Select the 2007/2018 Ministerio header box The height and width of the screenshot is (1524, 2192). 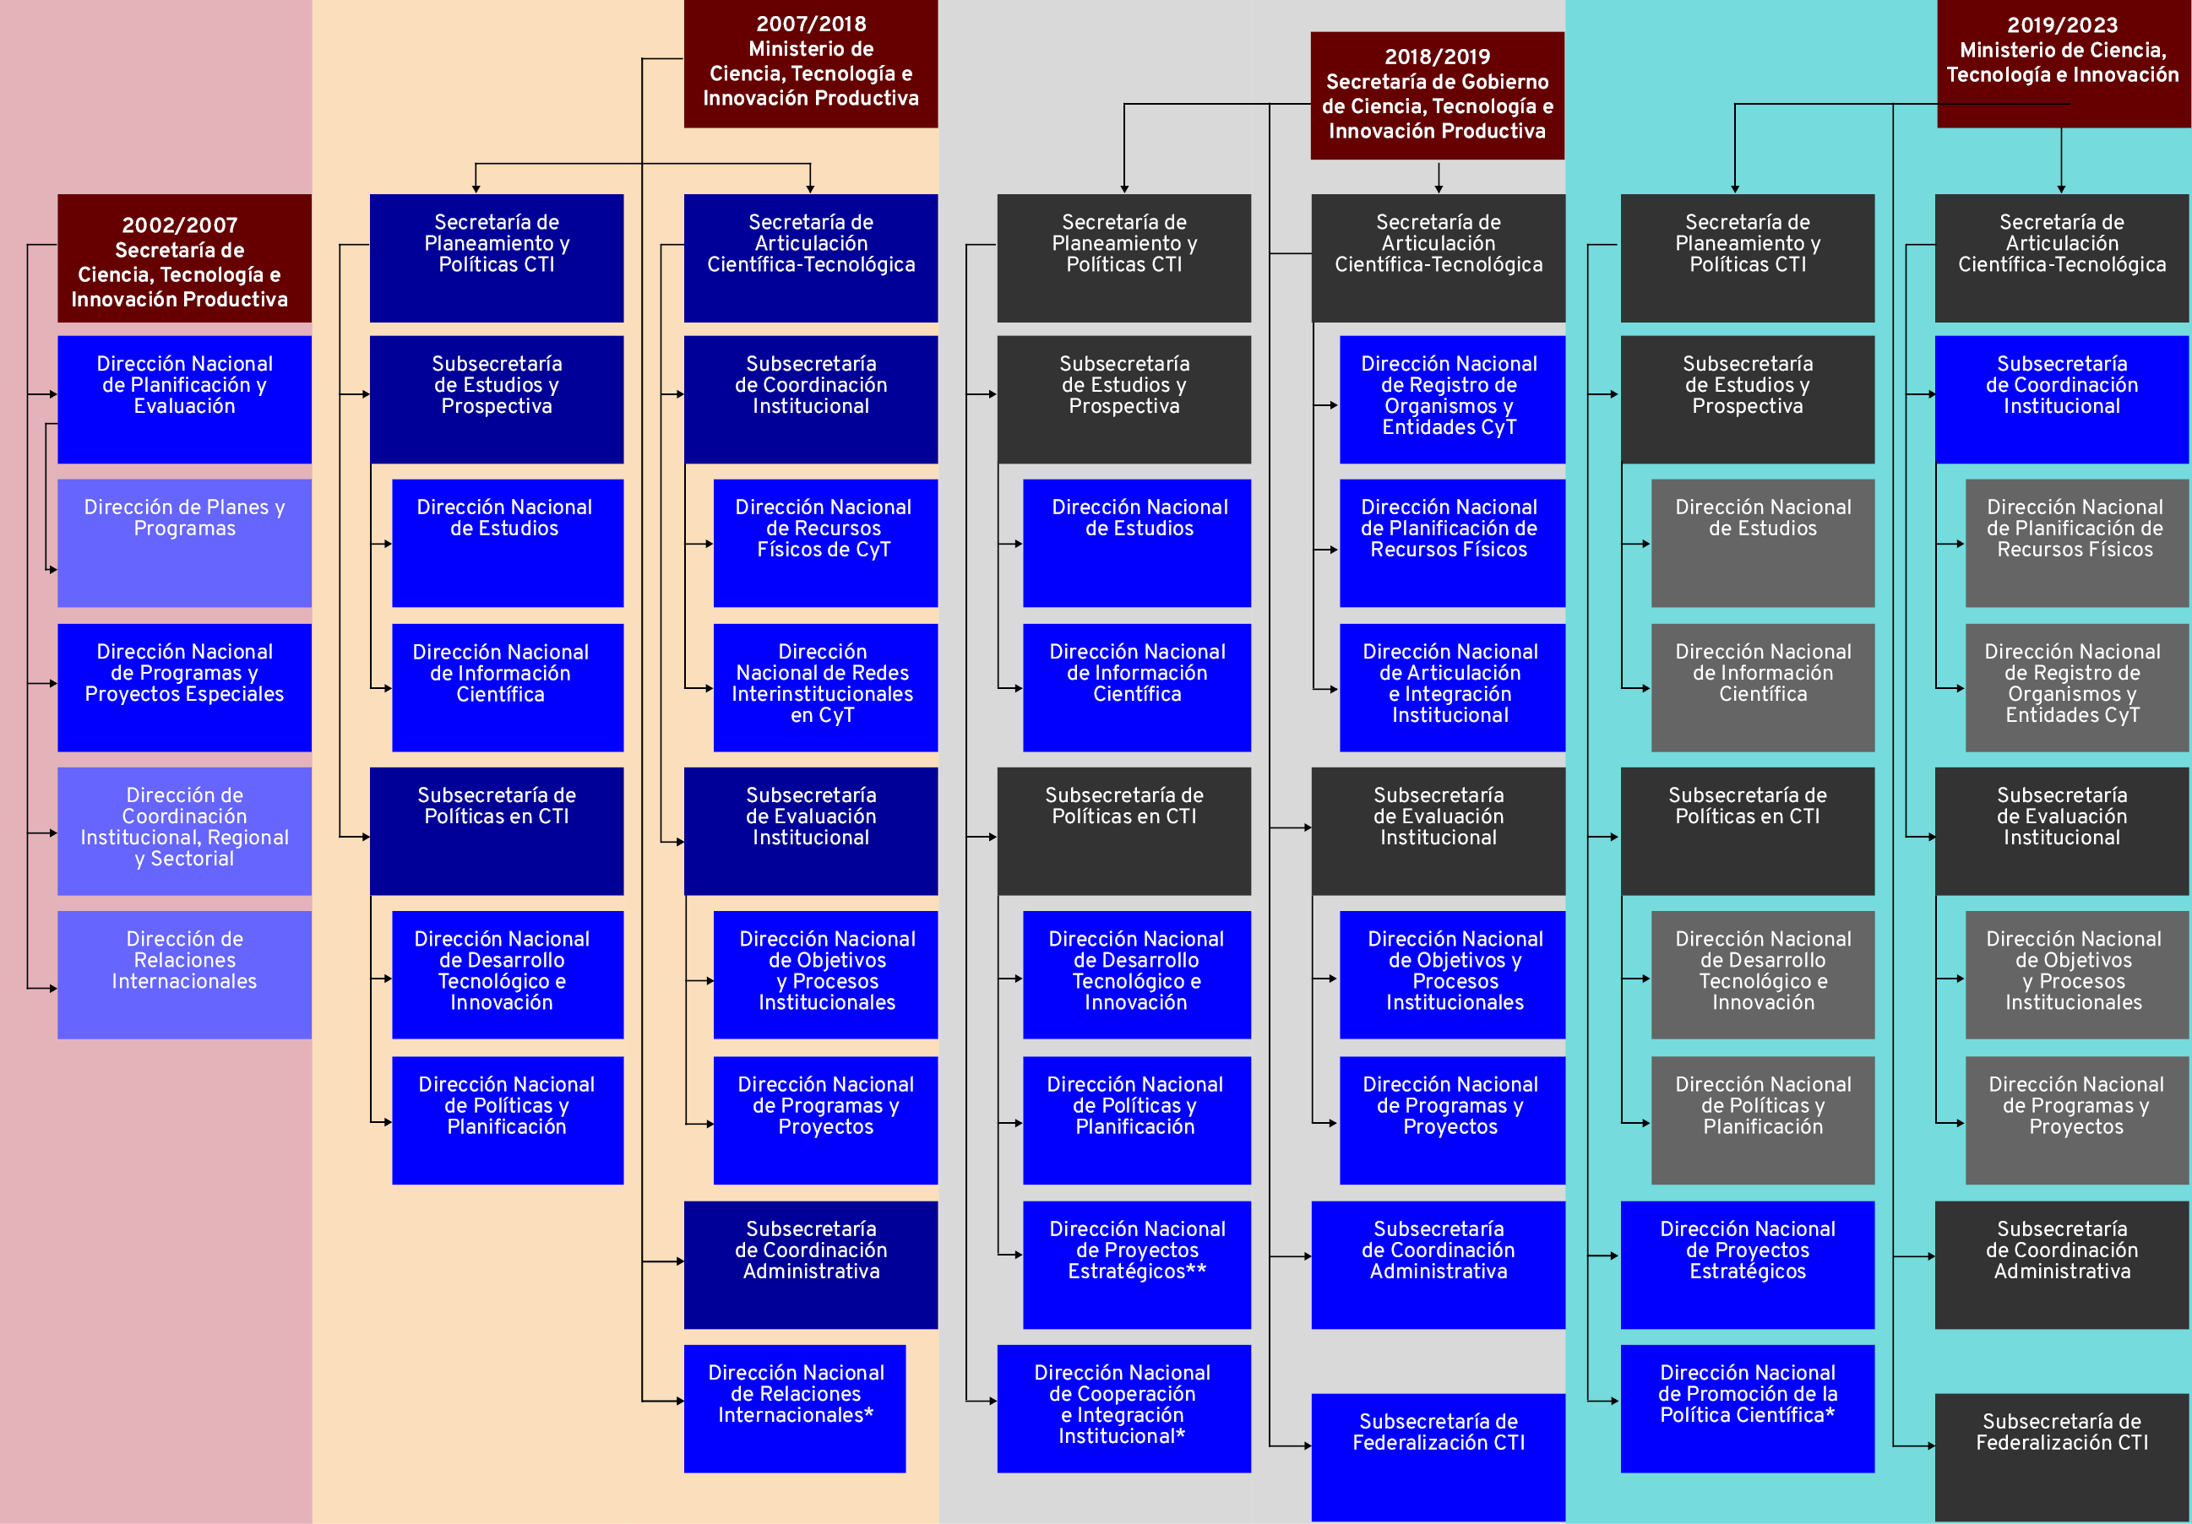click(811, 64)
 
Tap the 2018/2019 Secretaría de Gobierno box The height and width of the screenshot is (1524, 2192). click(1437, 95)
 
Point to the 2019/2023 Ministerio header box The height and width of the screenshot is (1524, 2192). click(2062, 64)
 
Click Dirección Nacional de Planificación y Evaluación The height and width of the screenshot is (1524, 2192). click(184, 399)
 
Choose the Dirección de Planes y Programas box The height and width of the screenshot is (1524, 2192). click(184, 542)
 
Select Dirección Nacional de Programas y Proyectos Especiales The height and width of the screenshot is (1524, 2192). click(184, 687)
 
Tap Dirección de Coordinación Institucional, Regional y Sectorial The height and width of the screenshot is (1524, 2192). click(184, 830)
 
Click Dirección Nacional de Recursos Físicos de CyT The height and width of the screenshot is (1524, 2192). click(825, 542)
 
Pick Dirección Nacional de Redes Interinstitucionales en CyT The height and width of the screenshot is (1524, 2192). click(825, 687)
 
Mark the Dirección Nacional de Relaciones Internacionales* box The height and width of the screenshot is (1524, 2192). click(794, 1407)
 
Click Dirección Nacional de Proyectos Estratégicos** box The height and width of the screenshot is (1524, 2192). click(1136, 1265)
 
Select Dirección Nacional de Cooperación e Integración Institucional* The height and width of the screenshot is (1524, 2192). click(1123, 1407)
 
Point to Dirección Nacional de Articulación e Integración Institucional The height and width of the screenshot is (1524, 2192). click(1451, 687)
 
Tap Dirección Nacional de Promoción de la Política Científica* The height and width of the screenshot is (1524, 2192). click(1747, 1407)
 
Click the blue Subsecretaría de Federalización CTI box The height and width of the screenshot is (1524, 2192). click(1438, 1456)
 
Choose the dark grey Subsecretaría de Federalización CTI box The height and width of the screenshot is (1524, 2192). click(2062, 1456)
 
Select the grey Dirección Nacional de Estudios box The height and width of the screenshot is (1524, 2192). click(1762, 542)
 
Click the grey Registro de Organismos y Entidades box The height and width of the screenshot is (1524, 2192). click(2075, 687)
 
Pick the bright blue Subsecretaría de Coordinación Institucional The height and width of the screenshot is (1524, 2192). click(2062, 399)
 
